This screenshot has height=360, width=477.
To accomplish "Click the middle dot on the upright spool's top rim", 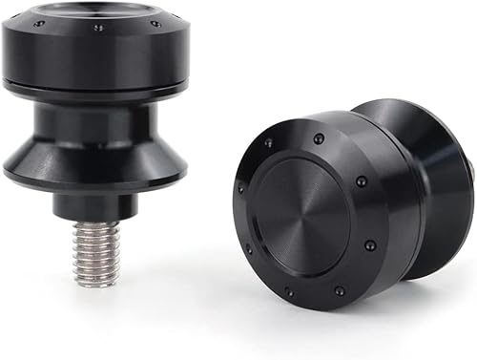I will pyautogui.click(x=98, y=29).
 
